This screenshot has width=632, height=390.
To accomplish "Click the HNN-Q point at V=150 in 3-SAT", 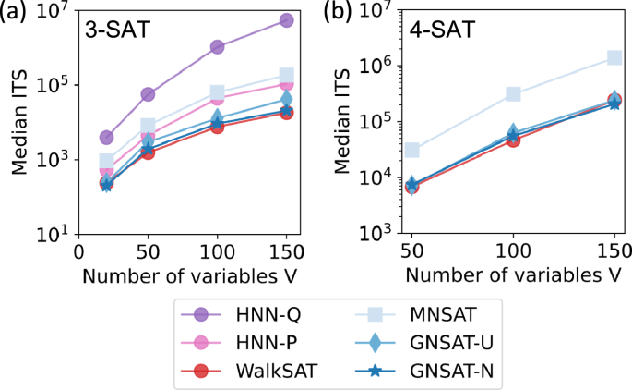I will pyautogui.click(x=286, y=20).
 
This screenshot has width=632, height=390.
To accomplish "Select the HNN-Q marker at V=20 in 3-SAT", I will pyautogui.click(x=106, y=138).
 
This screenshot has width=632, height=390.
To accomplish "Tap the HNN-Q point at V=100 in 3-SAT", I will pyautogui.click(x=217, y=47).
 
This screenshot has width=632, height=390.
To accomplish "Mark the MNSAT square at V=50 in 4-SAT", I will pyautogui.click(x=412, y=150).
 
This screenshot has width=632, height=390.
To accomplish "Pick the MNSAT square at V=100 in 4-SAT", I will pyautogui.click(x=513, y=94).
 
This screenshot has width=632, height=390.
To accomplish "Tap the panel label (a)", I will pyautogui.click(x=16, y=12).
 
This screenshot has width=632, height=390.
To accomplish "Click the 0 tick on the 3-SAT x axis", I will pyautogui.click(x=78, y=251).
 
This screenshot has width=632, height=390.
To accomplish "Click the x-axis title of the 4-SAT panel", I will pyautogui.click(x=512, y=275).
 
